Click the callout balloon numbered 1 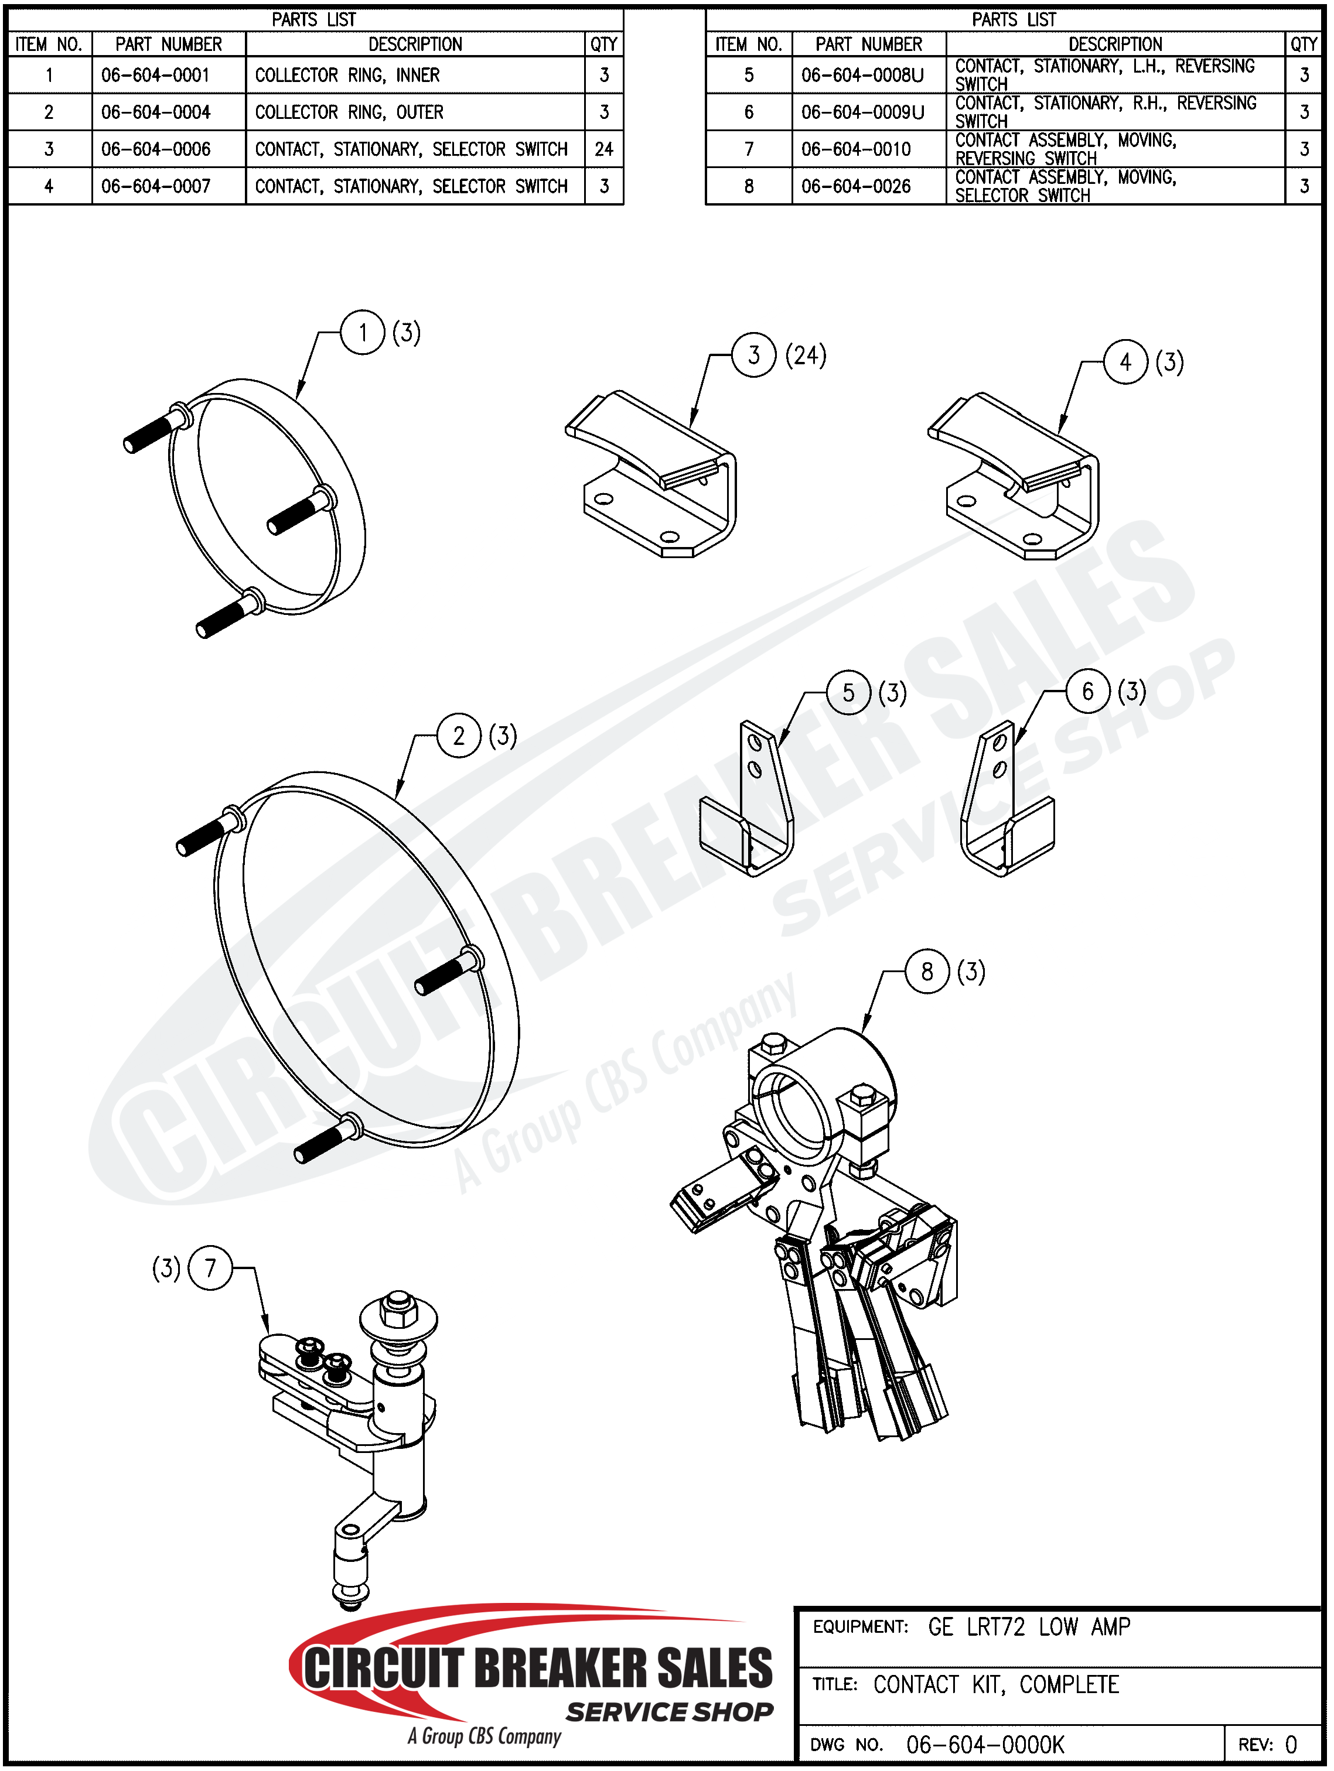(x=363, y=332)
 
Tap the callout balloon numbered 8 (x=927, y=972)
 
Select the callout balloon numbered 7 (x=210, y=1268)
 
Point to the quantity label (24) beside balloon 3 (x=806, y=355)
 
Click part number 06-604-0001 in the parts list (x=155, y=76)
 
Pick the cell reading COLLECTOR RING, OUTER (x=349, y=112)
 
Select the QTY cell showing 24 (x=604, y=149)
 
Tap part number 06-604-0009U (x=862, y=112)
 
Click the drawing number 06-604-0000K (x=985, y=1745)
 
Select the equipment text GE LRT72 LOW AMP (x=1029, y=1627)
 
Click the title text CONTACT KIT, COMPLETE (x=995, y=1684)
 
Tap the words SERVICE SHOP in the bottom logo (x=670, y=1712)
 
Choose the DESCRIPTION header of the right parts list (x=1115, y=44)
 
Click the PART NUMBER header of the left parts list (x=168, y=44)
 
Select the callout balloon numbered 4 (x=1126, y=362)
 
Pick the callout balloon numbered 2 (x=459, y=735)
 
